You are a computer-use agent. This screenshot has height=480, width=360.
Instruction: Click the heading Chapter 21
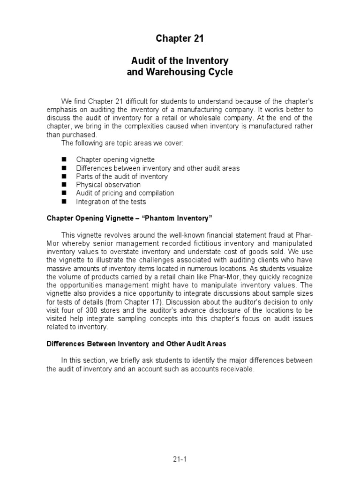(x=180, y=39)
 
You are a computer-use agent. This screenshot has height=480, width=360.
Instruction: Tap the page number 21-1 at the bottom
(x=180, y=460)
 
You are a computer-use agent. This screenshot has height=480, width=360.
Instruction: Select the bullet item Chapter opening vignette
(x=115, y=159)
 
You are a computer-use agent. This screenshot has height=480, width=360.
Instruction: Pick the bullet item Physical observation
(x=108, y=185)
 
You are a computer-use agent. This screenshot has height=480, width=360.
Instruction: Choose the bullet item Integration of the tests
(x=111, y=202)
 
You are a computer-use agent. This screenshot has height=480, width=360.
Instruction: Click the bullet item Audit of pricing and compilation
(x=125, y=193)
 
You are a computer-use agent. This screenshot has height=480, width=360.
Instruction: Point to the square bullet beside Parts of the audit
(x=64, y=177)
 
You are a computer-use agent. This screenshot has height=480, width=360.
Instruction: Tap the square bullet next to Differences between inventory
(x=64, y=168)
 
